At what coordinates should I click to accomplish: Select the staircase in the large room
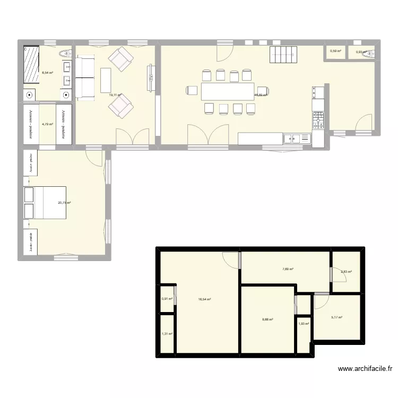point(285,53)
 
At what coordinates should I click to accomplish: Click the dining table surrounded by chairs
point(227,91)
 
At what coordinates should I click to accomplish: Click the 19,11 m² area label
point(115,96)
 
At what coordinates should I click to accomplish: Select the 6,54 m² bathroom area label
point(47,72)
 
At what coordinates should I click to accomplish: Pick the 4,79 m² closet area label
point(47,124)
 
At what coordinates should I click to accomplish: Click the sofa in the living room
point(85,79)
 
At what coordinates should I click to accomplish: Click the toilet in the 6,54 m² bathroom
point(66,52)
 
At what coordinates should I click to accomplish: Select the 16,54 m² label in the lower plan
point(205,300)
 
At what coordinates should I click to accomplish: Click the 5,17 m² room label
point(336,317)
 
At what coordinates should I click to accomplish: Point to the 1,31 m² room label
point(167,334)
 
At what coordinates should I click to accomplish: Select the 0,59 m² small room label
point(335,51)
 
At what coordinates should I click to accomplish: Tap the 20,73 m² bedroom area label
point(64,202)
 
